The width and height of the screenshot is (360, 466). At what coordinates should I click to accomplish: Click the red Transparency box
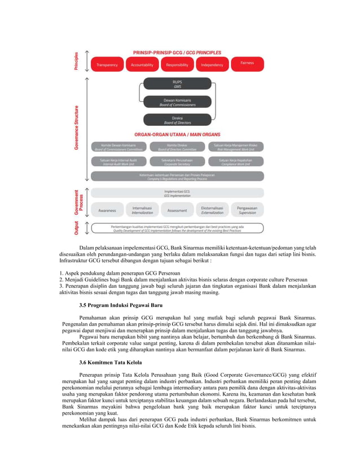[x=107, y=65]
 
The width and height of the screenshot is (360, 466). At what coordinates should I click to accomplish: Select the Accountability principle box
[x=142, y=65]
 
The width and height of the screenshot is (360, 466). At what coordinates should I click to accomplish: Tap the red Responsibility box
[x=177, y=65]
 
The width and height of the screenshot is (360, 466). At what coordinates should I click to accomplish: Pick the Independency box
[x=212, y=65]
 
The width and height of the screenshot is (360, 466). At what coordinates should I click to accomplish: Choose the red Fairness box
[x=247, y=63]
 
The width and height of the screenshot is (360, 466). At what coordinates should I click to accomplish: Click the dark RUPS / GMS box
[x=177, y=83]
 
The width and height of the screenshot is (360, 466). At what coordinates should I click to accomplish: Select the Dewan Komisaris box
[x=177, y=102]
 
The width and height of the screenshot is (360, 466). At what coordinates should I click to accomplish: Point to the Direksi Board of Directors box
[x=177, y=120]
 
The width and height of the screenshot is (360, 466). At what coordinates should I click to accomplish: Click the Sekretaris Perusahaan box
[x=177, y=161]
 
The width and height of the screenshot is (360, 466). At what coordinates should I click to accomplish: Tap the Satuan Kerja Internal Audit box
[x=118, y=161]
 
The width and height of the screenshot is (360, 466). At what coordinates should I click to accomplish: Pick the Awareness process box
[x=107, y=210]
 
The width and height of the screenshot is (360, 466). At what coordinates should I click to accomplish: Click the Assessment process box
[x=177, y=210]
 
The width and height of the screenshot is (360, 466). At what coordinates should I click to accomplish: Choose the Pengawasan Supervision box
[x=247, y=210]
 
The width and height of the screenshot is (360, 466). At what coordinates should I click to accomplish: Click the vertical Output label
[x=77, y=228]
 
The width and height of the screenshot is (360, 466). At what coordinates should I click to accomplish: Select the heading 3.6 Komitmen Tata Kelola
[x=111, y=361]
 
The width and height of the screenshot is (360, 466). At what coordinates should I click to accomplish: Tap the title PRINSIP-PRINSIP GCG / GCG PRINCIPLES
[x=177, y=52]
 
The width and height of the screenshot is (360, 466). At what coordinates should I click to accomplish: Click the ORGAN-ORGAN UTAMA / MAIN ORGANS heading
[x=177, y=135]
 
